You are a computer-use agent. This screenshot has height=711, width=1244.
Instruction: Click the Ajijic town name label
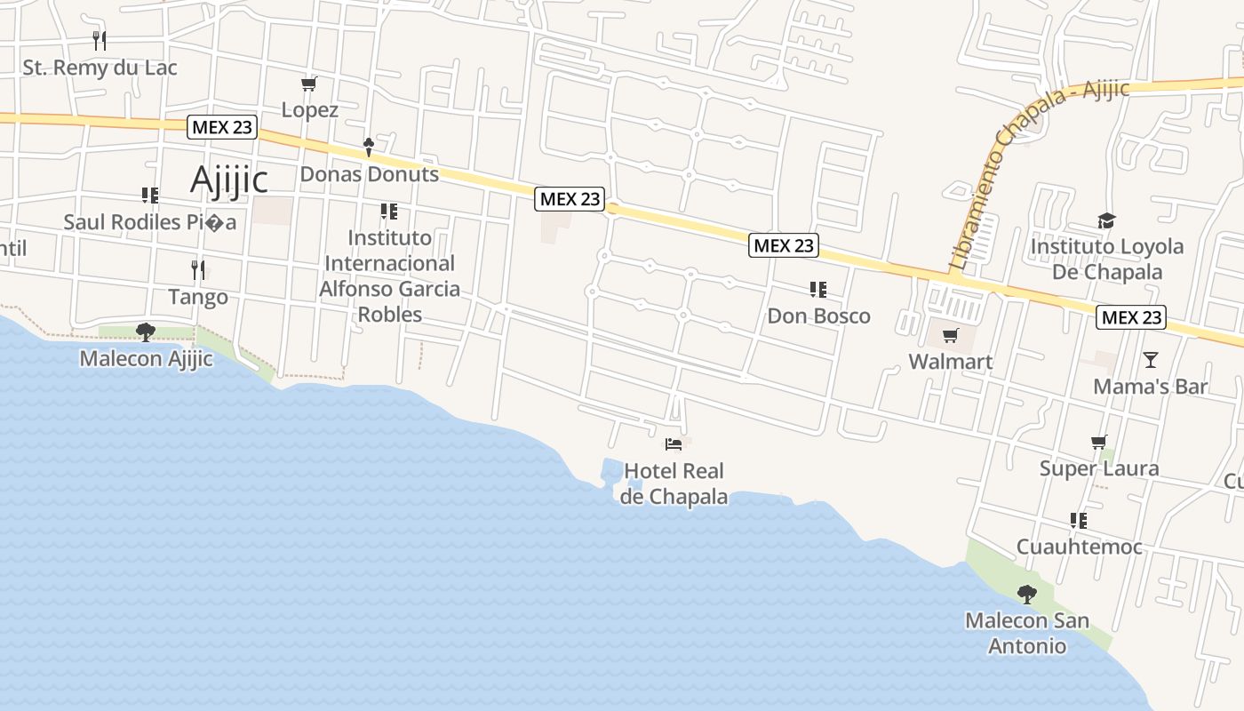point(228,180)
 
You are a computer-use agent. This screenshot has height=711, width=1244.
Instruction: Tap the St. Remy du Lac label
point(100,68)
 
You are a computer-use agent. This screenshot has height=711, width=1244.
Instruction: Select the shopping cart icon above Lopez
point(308,84)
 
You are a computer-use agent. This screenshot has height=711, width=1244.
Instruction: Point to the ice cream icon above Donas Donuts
point(369,147)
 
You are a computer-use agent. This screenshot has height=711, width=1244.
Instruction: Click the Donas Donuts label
point(369,174)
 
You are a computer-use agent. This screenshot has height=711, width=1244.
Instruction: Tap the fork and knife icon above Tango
point(198,269)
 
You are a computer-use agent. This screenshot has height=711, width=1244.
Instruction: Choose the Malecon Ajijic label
point(146,359)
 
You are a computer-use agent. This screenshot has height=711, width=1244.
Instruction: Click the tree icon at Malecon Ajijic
point(146,332)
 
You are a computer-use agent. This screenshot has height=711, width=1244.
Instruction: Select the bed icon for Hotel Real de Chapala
point(674,443)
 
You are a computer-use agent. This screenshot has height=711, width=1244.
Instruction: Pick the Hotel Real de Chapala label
point(674,483)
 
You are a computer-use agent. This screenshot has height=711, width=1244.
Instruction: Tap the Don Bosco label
point(818,316)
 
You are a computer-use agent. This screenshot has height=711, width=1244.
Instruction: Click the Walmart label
point(950,362)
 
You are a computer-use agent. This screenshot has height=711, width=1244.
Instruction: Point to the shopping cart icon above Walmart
point(951,335)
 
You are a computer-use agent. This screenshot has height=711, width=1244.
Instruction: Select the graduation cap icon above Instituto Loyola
point(1106,220)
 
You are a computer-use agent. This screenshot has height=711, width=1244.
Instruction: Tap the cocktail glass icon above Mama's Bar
point(1151,360)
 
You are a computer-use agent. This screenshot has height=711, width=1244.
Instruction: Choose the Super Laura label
point(1099,468)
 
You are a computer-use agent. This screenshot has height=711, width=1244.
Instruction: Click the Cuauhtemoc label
point(1079,547)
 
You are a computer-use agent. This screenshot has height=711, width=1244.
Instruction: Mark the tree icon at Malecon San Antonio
point(1027,594)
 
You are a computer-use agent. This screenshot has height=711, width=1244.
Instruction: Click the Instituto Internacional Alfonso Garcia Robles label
point(389,276)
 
